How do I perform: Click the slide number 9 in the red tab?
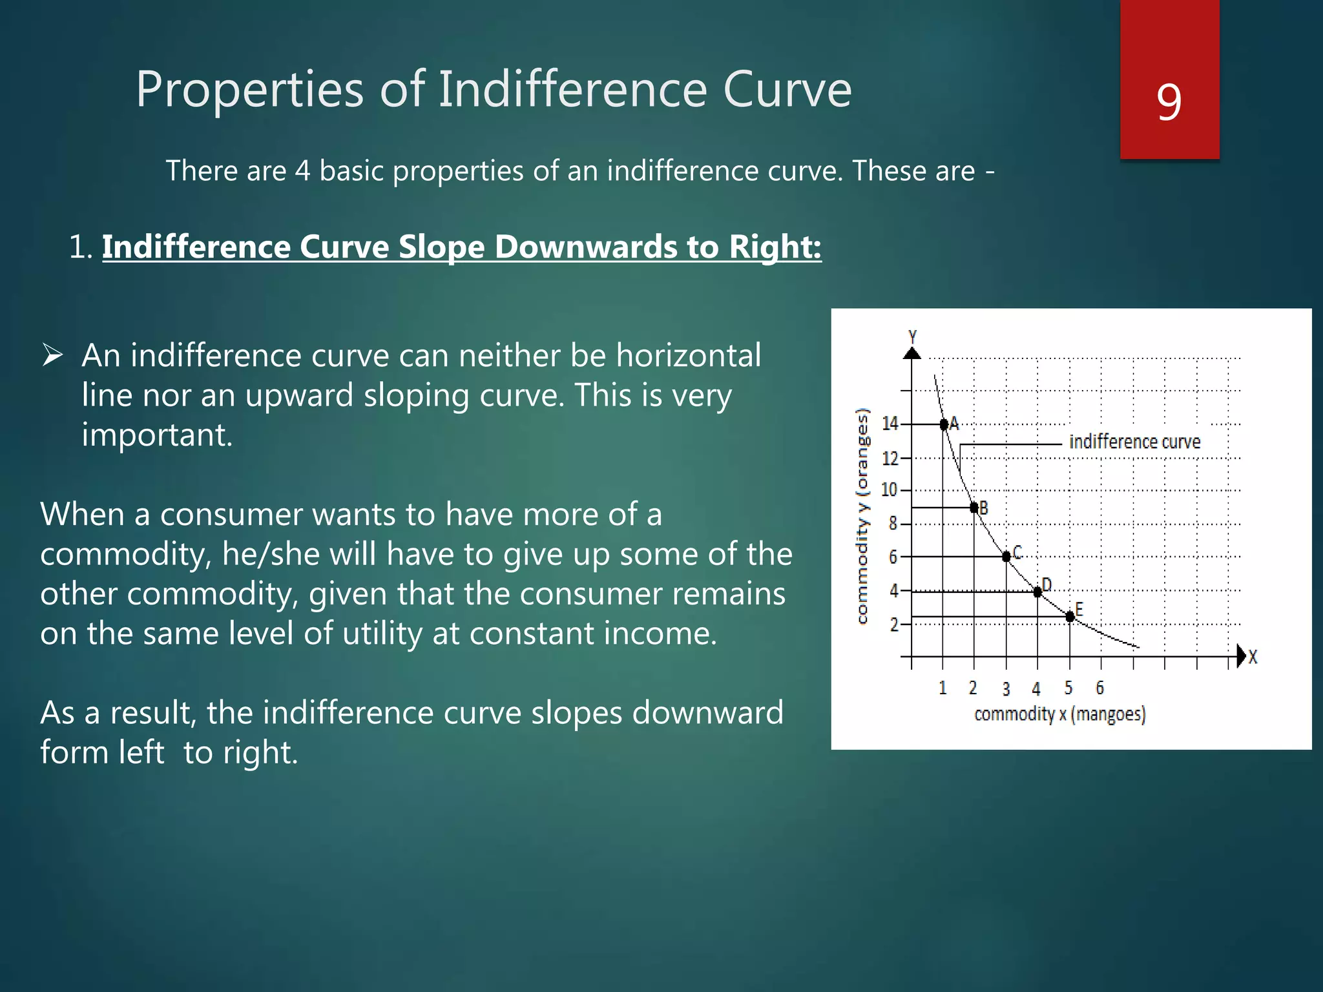tap(1169, 102)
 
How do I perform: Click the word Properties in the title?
tap(249, 90)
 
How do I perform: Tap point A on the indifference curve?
tap(944, 424)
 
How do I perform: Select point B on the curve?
tap(974, 508)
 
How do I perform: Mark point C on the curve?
tap(1006, 557)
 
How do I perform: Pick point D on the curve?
tap(1037, 592)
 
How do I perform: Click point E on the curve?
tap(1070, 617)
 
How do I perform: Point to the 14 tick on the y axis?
tap(890, 424)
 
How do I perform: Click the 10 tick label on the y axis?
tap(890, 490)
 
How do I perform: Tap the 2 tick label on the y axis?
tap(894, 625)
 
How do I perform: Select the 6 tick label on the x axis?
tap(1100, 688)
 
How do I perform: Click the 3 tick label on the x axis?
tap(1006, 689)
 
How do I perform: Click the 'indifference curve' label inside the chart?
tap(1134, 442)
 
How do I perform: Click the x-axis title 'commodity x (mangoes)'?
tap(1059, 714)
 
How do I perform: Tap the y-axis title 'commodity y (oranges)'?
tap(862, 517)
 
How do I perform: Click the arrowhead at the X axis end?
tap(1241, 656)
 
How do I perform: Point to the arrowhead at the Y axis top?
tap(912, 353)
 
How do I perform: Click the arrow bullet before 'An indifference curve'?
tap(52, 355)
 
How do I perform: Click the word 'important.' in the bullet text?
tap(157, 435)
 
